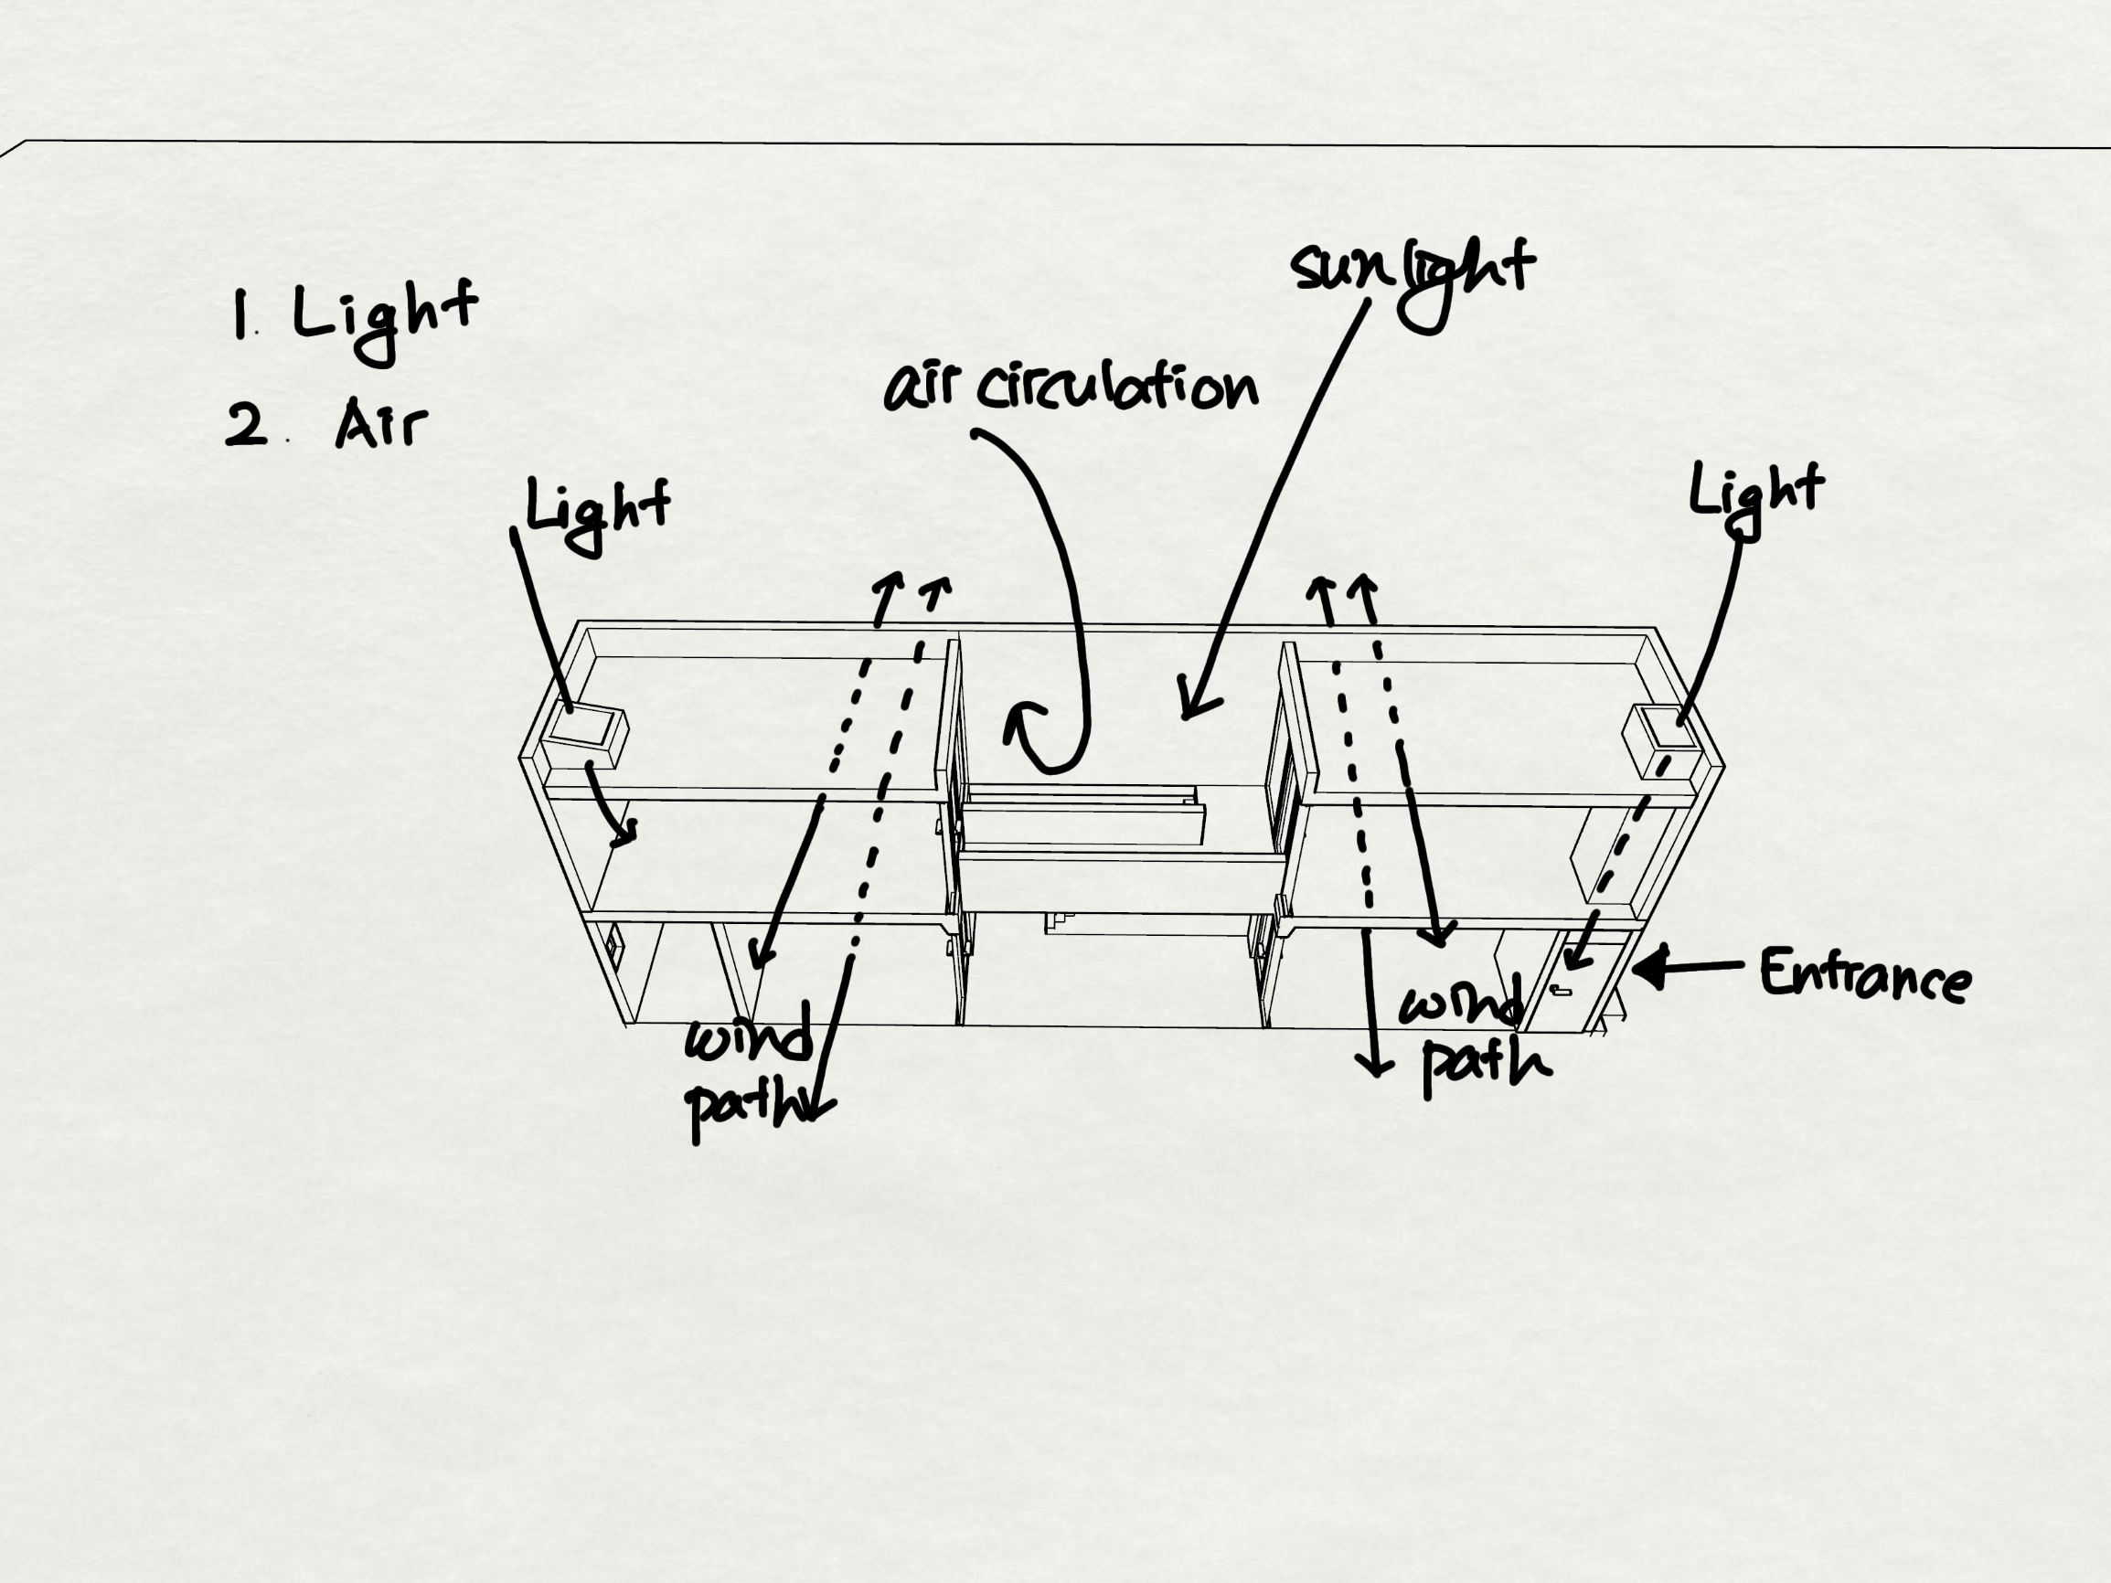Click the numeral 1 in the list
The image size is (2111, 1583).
point(240,316)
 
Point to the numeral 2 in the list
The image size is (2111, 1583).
point(246,424)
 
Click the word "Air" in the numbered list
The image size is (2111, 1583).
point(380,424)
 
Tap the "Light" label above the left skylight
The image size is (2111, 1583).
point(597,511)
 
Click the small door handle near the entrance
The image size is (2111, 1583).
point(1562,991)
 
